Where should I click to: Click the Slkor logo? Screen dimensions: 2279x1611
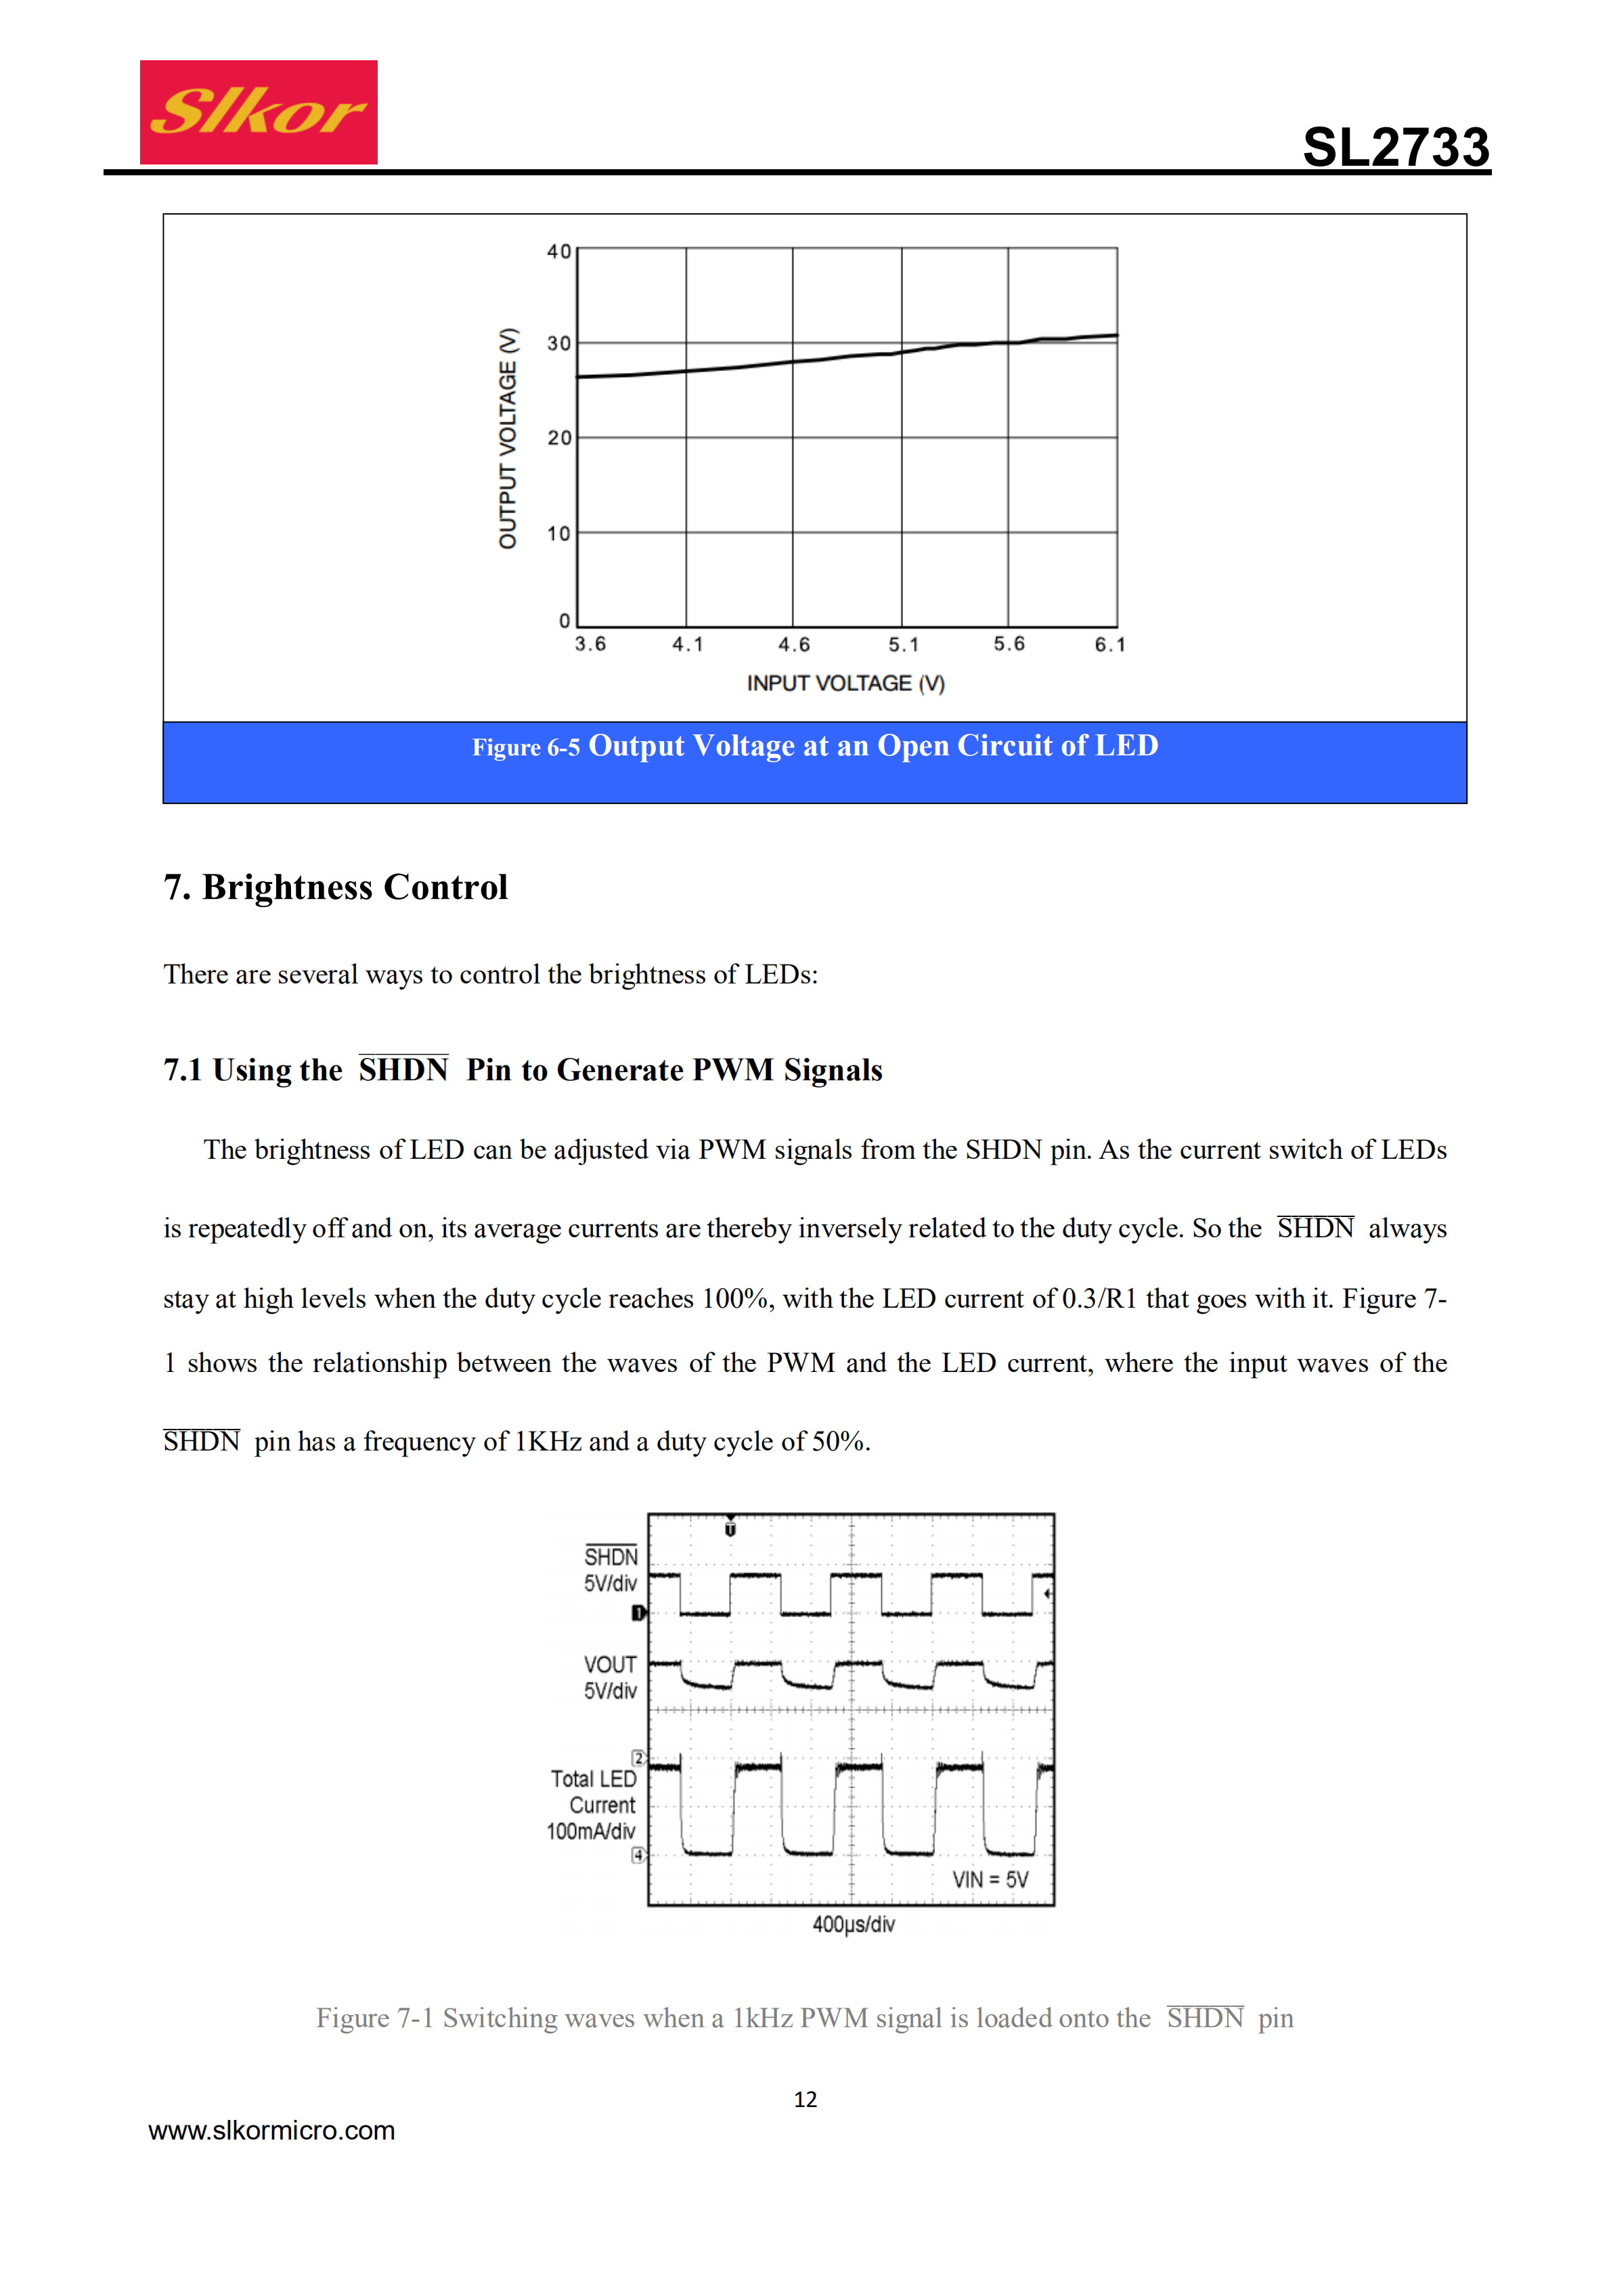pyautogui.click(x=258, y=112)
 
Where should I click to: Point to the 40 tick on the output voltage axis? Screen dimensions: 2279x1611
pyautogui.click(x=559, y=252)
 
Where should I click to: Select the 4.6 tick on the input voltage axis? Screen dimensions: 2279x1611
pyautogui.click(x=793, y=645)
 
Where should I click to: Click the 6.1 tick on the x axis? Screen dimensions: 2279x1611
pyautogui.click(x=1109, y=645)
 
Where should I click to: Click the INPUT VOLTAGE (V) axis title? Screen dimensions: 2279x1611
pyautogui.click(x=845, y=684)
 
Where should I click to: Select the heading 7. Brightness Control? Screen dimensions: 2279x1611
pyautogui.click(x=336, y=887)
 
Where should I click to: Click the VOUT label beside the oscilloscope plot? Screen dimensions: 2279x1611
pyautogui.click(x=609, y=1664)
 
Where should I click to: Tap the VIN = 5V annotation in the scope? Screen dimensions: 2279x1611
pyautogui.click(x=990, y=1880)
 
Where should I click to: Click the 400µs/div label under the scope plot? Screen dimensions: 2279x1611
pyautogui.click(x=854, y=1924)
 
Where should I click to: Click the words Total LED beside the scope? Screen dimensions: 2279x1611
pyautogui.click(x=594, y=1779)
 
